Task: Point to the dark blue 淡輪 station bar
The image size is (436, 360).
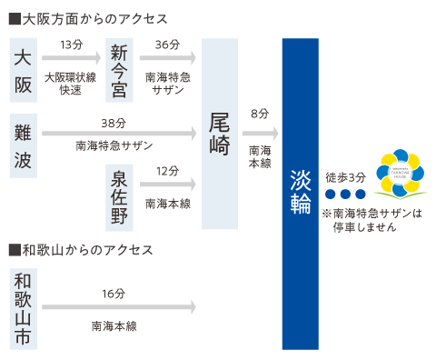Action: coord(301,193)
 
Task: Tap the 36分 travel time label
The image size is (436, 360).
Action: coord(168,45)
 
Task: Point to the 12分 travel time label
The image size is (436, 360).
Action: coord(168,170)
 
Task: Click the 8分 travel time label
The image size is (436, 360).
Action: coord(260,114)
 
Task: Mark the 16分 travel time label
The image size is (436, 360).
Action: coord(114,293)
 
